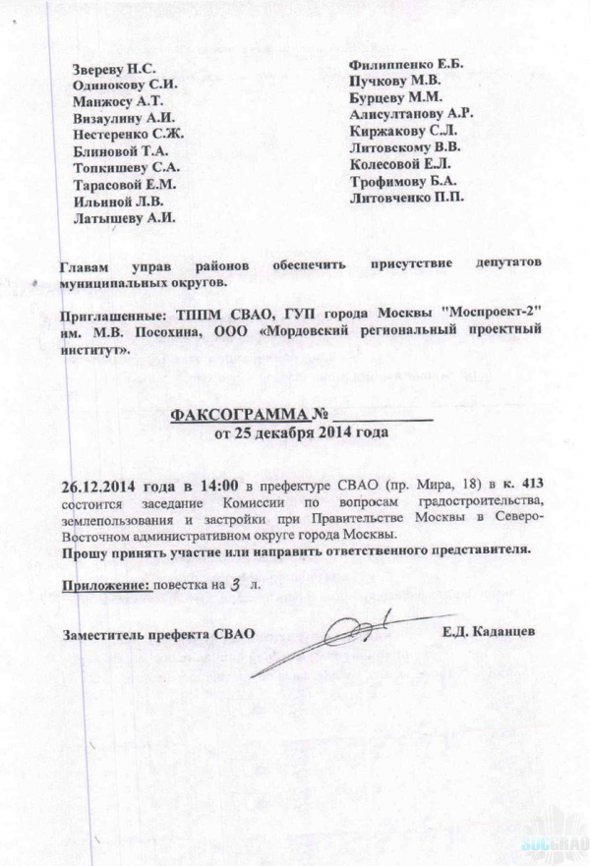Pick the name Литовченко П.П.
pos(401,198)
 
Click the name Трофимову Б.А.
pos(401,181)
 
